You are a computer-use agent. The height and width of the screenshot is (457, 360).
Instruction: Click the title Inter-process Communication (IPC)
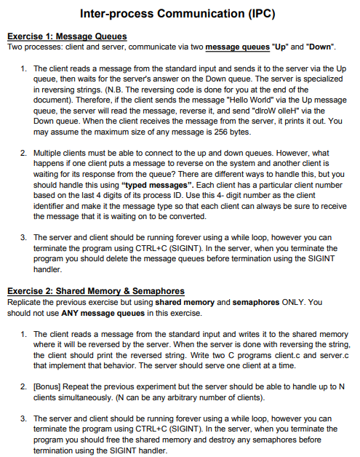180,14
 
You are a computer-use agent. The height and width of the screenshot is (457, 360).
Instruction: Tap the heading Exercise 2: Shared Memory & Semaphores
95,291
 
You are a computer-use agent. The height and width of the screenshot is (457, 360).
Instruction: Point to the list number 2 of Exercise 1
24,154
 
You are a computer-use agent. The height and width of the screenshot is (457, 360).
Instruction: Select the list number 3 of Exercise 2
24,418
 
